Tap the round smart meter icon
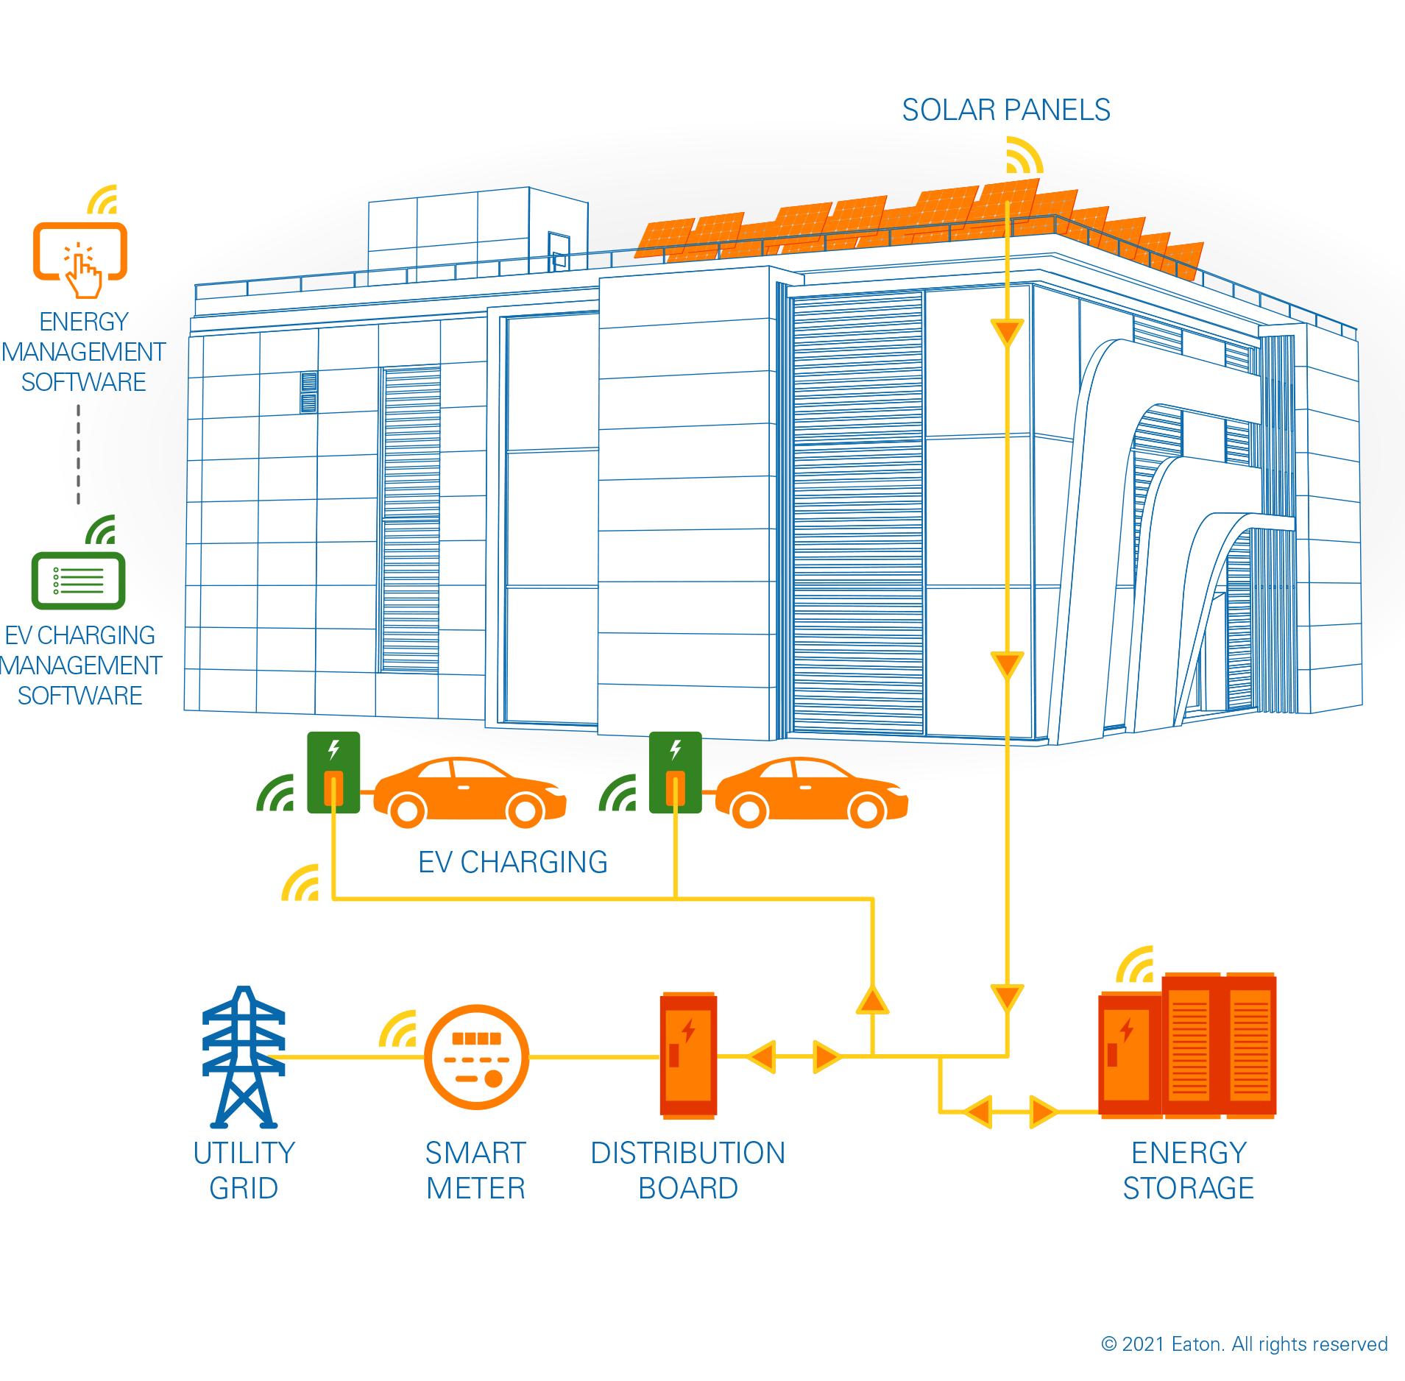[x=476, y=1058]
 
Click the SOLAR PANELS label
[x=1005, y=110]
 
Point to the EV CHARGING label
[x=513, y=861]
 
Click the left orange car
[x=470, y=791]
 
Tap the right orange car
[x=811, y=791]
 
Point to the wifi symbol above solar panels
[x=1024, y=155]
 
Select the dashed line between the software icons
[x=78, y=452]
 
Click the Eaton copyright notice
[x=1244, y=1343]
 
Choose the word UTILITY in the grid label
[x=244, y=1153]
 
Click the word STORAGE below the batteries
[x=1188, y=1188]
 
